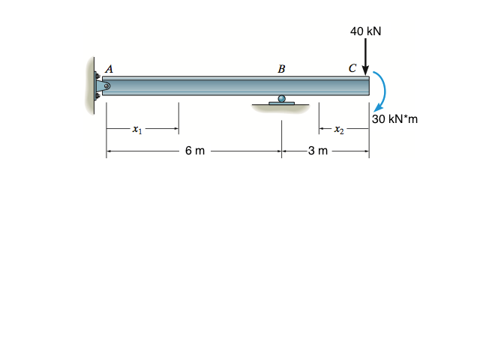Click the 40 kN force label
point(365,31)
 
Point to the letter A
point(109,67)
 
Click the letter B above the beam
point(281,69)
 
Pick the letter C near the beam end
point(352,68)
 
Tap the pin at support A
point(106,86)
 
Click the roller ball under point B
point(282,98)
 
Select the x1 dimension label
point(136,130)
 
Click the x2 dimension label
point(339,130)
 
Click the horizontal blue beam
point(225,85)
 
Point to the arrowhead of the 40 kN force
point(365,70)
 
